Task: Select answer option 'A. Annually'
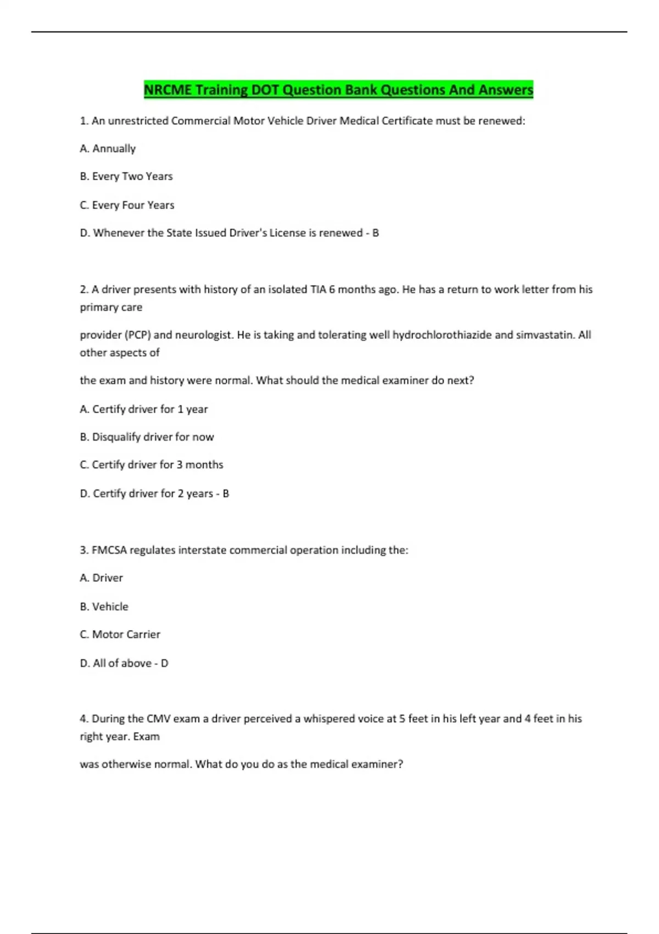tap(108, 148)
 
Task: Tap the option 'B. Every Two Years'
tap(126, 176)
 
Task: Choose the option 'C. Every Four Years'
tap(127, 205)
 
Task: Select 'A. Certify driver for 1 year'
tap(144, 409)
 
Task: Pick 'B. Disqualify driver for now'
tap(147, 437)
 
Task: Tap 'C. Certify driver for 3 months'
tap(152, 465)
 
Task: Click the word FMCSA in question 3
tap(109, 550)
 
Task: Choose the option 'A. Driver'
tap(102, 578)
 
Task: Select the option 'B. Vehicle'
tap(104, 607)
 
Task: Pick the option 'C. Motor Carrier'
tap(120, 635)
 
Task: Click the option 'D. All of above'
tap(116, 663)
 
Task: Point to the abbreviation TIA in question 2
tap(319, 290)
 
